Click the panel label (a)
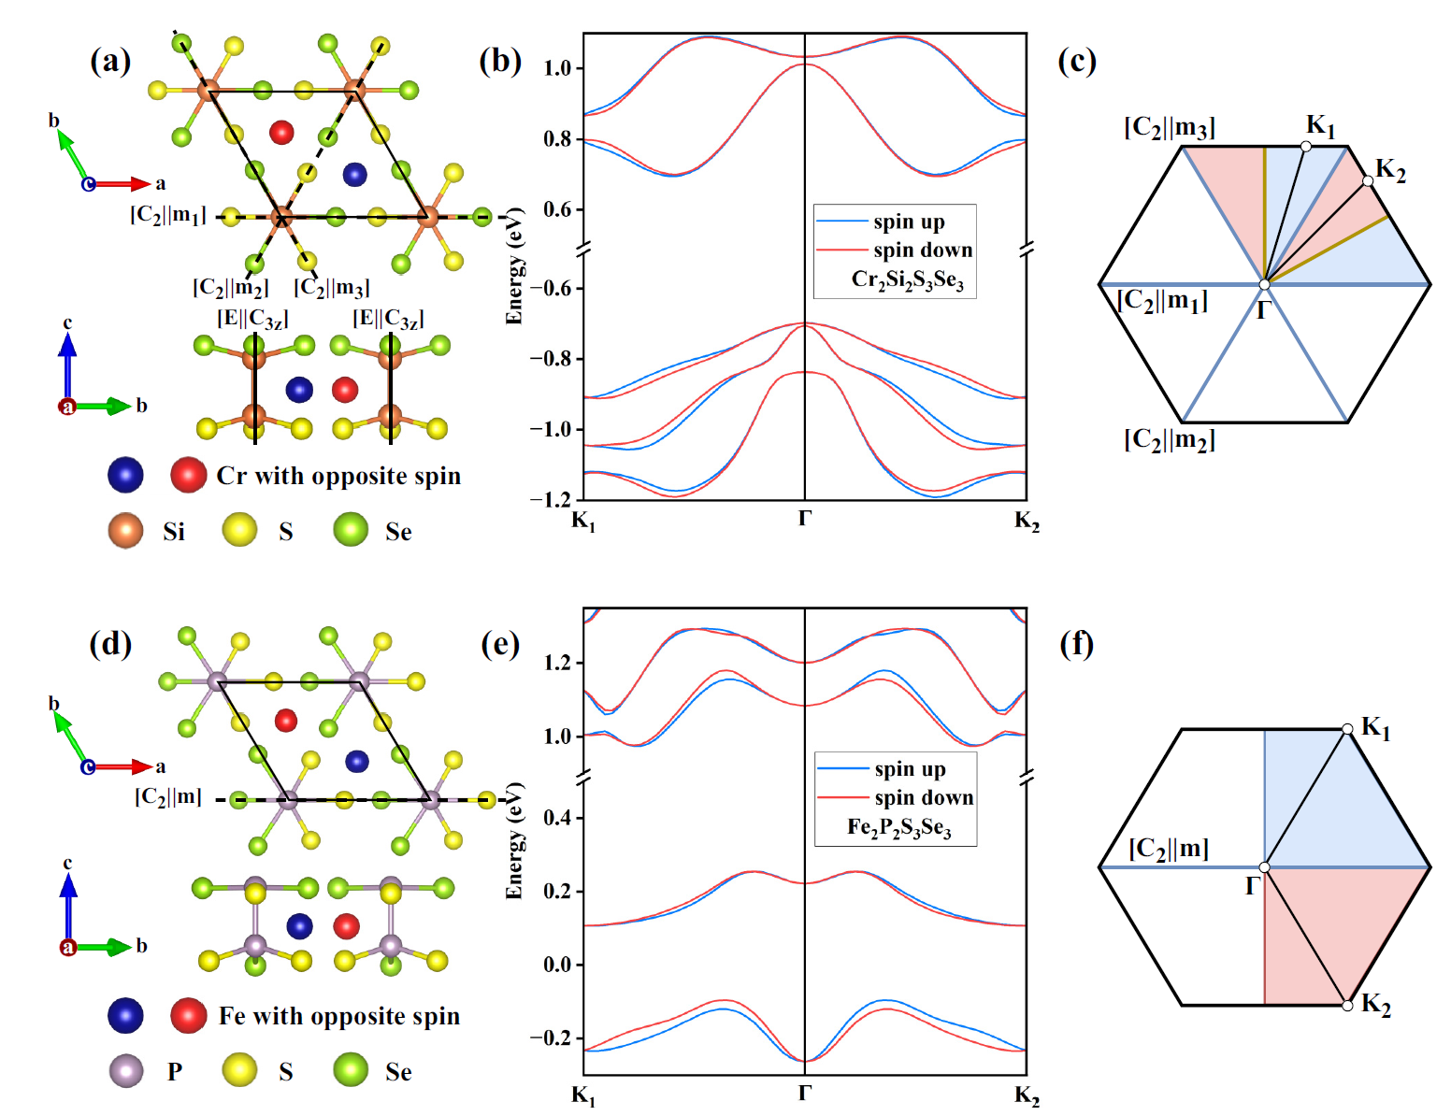tap(110, 62)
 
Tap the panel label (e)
tap(500, 644)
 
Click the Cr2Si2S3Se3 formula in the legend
tap(907, 279)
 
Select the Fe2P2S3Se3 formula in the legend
tap(898, 828)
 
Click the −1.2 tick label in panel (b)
tap(552, 499)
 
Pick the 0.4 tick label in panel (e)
tap(558, 818)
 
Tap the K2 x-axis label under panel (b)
tap(1027, 521)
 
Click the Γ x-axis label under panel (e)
tap(805, 1093)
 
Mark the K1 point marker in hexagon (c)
tap(1306, 146)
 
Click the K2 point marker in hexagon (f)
tap(1347, 1005)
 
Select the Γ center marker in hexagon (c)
tap(1264, 285)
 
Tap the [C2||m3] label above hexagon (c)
tap(1170, 127)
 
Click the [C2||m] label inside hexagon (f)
tap(1169, 849)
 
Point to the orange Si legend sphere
tap(125, 531)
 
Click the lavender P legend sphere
tap(125, 1070)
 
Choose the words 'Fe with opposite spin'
tap(339, 1016)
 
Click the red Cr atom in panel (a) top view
tap(281, 132)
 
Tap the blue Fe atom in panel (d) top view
tap(356, 761)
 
